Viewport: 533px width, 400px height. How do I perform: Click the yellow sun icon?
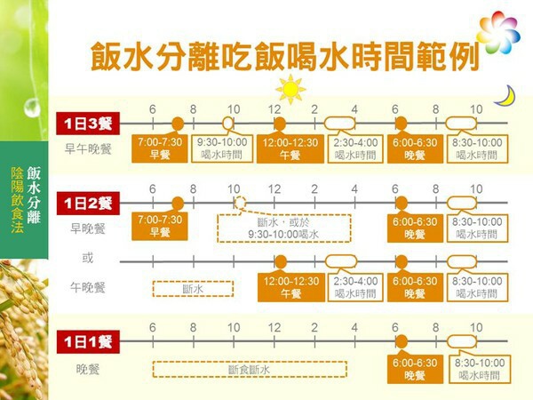[290, 89]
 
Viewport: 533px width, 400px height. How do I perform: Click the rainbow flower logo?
[498, 32]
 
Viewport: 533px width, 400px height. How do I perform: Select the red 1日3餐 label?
[88, 124]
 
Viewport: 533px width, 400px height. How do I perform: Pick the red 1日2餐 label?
[88, 204]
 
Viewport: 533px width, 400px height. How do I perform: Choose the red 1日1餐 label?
[88, 341]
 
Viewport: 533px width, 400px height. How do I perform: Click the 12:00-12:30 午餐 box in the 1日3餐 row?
[290, 148]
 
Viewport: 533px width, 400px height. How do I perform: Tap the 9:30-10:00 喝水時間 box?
[222, 148]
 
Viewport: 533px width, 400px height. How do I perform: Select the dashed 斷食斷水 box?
[250, 370]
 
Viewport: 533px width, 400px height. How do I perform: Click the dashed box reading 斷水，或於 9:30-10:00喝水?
[284, 228]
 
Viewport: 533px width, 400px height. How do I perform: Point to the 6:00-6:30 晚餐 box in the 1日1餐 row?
[415, 370]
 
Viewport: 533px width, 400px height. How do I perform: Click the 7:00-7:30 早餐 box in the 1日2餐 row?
[160, 226]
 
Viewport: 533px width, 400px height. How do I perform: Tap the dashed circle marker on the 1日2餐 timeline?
[241, 203]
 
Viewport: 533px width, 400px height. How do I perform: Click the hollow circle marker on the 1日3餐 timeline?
[228, 124]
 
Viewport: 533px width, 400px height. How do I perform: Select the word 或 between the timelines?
[88, 258]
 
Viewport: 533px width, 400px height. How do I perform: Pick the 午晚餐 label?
[88, 287]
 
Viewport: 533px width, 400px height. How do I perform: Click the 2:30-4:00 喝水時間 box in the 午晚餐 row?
[355, 287]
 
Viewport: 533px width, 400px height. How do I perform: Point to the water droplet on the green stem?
[32, 108]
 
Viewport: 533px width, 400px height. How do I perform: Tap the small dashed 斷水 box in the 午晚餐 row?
[193, 289]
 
